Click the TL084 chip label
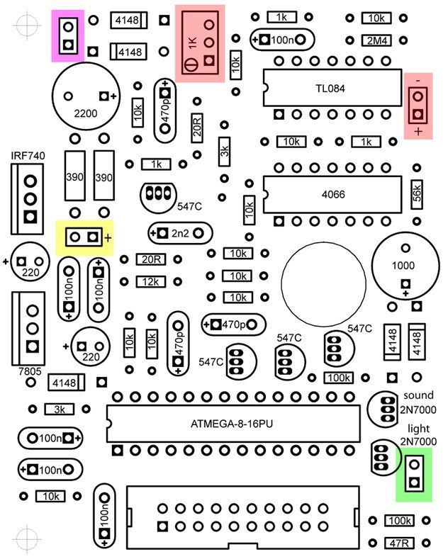click(x=330, y=88)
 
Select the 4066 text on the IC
click(x=333, y=194)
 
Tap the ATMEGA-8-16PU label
click(x=232, y=424)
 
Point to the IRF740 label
click(x=28, y=156)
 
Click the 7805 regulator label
click(x=30, y=371)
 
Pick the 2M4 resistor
click(x=376, y=40)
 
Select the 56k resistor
click(x=417, y=195)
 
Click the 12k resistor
click(x=151, y=282)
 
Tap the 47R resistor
click(x=399, y=543)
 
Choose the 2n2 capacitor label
click(x=180, y=233)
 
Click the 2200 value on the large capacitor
click(x=86, y=113)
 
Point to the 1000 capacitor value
click(x=403, y=265)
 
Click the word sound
click(x=418, y=395)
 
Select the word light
click(x=418, y=428)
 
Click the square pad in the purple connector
click(x=68, y=45)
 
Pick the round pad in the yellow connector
click(x=75, y=237)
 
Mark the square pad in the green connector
click(x=414, y=482)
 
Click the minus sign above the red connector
click(x=418, y=81)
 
